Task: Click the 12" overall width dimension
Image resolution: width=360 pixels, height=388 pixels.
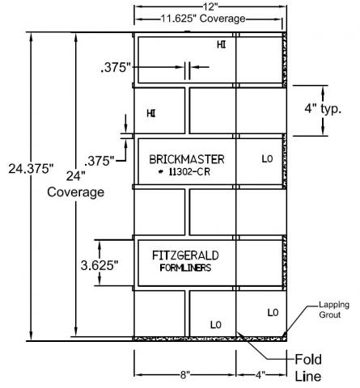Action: point(210,6)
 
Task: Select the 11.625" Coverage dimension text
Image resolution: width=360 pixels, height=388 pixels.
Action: point(203,19)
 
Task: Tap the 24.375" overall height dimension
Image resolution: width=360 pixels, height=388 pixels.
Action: point(31,169)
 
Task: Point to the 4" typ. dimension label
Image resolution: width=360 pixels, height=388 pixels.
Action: point(323,108)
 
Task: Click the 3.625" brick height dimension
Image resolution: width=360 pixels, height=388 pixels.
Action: point(100,265)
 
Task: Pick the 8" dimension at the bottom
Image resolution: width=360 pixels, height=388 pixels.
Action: point(185,374)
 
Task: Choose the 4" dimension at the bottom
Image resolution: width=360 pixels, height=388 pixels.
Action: point(260,374)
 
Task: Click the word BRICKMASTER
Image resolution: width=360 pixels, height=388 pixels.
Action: point(187,159)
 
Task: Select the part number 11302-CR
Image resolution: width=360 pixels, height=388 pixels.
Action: point(189,171)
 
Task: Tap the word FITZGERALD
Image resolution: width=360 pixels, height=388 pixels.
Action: point(185,255)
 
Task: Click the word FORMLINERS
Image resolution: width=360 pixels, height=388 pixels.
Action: point(185,268)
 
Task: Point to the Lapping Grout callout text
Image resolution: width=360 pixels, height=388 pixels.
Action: point(334,310)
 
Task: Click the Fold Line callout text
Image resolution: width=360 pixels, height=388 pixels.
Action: point(308,368)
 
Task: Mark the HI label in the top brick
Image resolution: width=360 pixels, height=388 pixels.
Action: point(222,44)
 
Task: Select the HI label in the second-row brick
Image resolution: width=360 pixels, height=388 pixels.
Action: point(151,113)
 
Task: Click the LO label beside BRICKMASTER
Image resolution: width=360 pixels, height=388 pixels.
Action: point(267,159)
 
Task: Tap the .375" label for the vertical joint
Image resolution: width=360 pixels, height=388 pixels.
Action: point(116,67)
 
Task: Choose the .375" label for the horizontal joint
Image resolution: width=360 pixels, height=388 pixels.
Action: point(100,161)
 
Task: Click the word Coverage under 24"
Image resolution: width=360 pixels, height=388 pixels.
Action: point(76,192)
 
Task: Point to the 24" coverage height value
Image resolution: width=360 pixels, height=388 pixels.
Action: point(76,176)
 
